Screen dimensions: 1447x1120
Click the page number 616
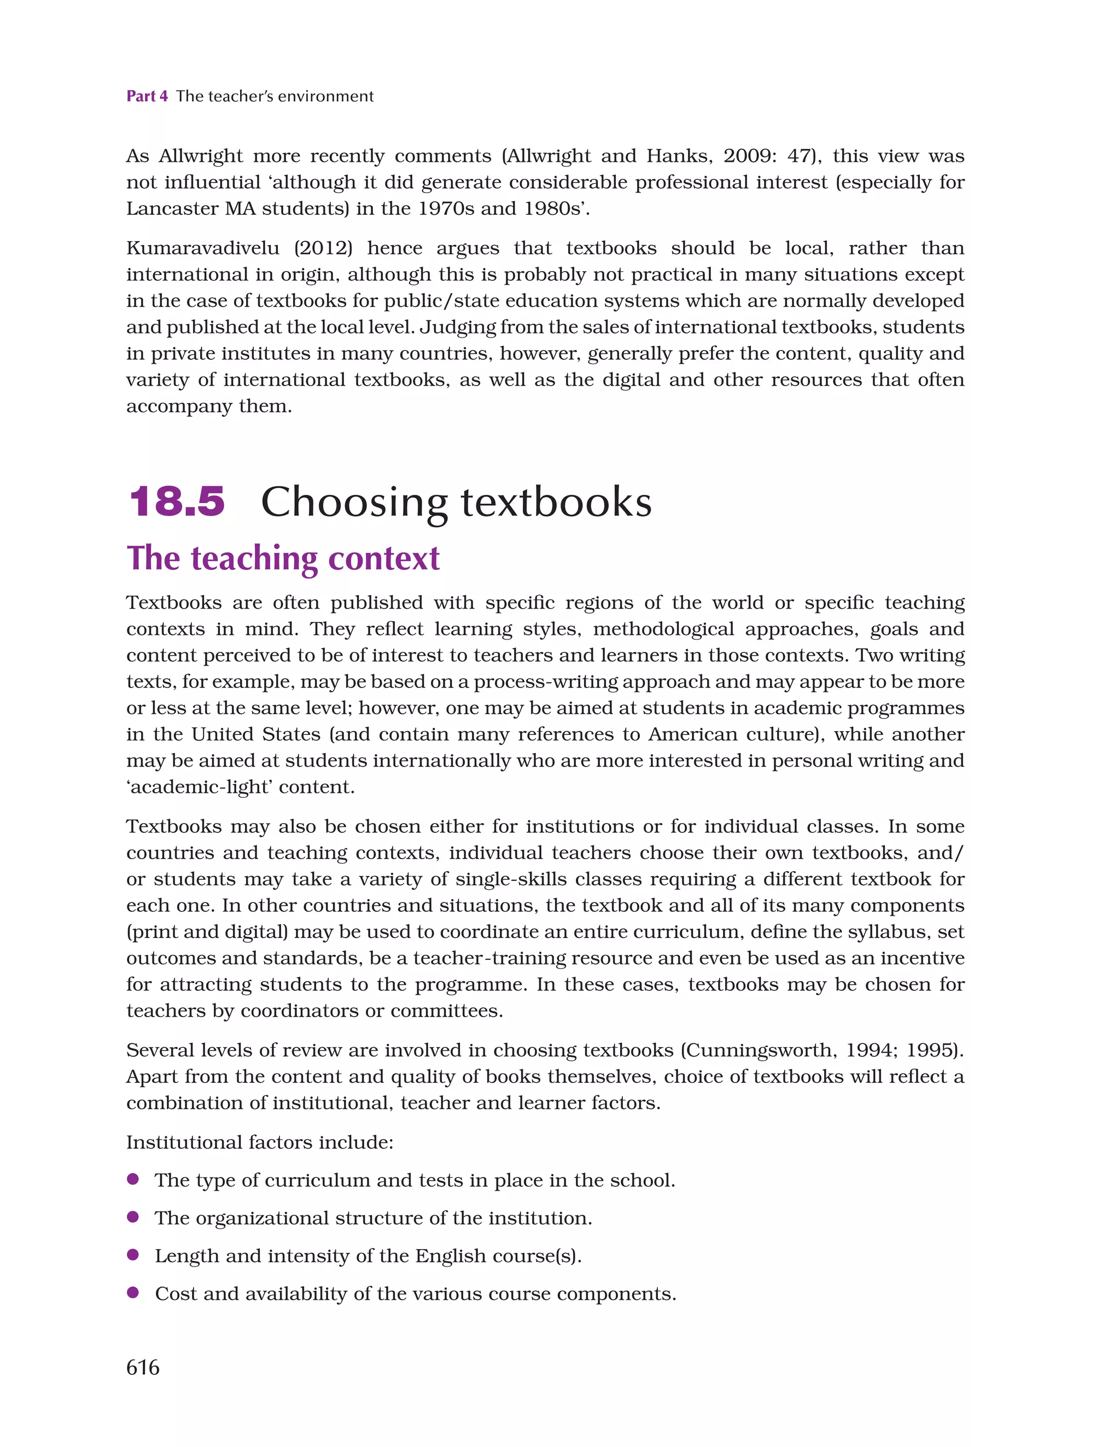[143, 1368]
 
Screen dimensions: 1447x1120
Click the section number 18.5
[177, 501]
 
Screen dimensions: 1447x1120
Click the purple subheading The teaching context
[283, 558]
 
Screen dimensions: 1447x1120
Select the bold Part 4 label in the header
[147, 96]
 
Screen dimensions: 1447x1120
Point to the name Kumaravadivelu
[203, 248]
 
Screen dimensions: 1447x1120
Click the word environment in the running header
[325, 96]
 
